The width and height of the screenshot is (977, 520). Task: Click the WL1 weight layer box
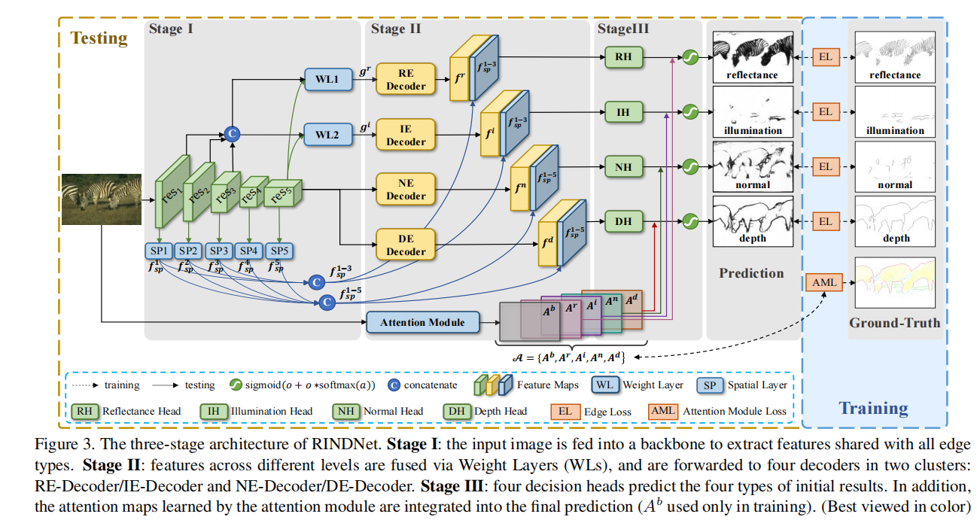(x=328, y=80)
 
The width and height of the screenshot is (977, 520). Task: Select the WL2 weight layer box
(x=328, y=135)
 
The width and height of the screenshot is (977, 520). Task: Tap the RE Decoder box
(x=406, y=80)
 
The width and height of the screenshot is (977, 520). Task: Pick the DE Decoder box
(x=406, y=245)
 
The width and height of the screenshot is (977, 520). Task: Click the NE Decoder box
(x=406, y=190)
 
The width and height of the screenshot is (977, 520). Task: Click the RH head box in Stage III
(x=623, y=56)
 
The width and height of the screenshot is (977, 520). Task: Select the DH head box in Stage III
(x=623, y=221)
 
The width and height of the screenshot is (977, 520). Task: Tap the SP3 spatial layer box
(x=218, y=251)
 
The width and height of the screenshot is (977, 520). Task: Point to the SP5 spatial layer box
(x=278, y=251)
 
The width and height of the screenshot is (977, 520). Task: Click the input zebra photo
(x=100, y=199)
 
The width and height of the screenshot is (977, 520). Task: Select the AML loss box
(x=824, y=283)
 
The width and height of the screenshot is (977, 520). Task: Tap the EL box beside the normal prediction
(x=826, y=166)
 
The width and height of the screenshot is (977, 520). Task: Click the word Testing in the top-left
(x=99, y=38)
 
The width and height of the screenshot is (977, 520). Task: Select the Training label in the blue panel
(x=873, y=409)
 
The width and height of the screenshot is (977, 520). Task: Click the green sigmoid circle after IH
(x=689, y=113)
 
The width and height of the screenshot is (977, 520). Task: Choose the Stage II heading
(x=396, y=29)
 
